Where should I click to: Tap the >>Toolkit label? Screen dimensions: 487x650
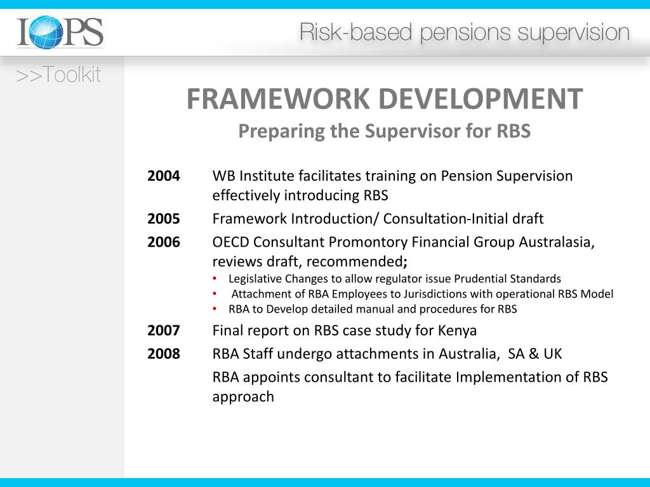click(x=58, y=75)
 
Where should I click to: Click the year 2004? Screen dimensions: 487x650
click(x=164, y=176)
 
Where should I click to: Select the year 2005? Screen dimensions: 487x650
click(x=164, y=219)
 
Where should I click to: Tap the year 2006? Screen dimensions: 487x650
click(x=164, y=242)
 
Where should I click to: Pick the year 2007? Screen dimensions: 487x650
click(x=164, y=330)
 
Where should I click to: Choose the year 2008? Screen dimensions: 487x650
click(x=164, y=354)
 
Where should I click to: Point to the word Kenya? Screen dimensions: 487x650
click(x=457, y=330)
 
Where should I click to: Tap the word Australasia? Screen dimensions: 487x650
click(x=555, y=242)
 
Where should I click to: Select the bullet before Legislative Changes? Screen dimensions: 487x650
click(x=216, y=279)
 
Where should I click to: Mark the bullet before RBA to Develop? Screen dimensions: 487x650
click(x=216, y=309)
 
